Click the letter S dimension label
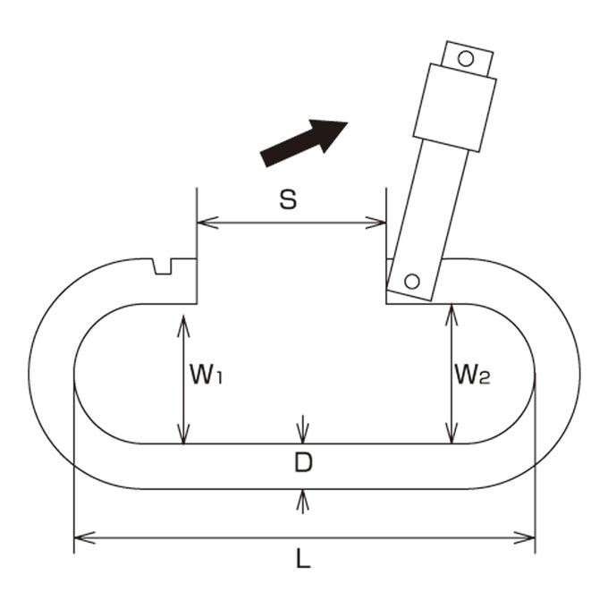(x=288, y=200)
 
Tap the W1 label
(x=206, y=375)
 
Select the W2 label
(x=472, y=375)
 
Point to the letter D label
(x=303, y=462)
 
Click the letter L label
(x=304, y=558)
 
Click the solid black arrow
(x=304, y=142)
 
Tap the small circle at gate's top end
(x=466, y=58)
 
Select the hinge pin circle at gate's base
(x=412, y=281)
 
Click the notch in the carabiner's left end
(x=163, y=266)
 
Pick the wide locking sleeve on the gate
(x=455, y=107)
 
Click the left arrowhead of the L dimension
(x=84, y=538)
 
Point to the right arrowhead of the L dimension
(x=524, y=538)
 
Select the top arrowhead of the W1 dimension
(x=183, y=325)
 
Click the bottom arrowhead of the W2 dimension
(x=452, y=433)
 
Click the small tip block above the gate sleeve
(x=468, y=58)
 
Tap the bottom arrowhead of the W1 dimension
(x=183, y=433)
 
